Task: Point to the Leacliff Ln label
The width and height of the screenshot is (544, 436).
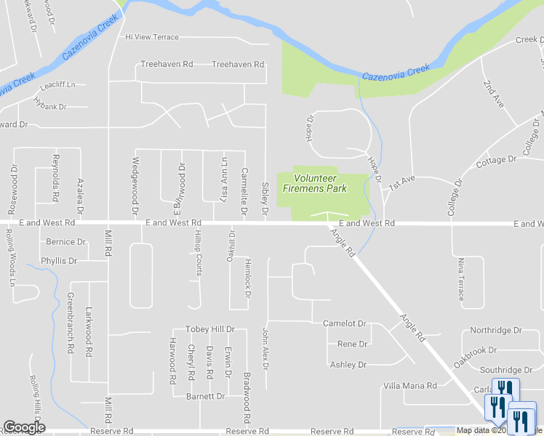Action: pos(58,85)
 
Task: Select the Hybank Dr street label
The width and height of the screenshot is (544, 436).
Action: pos(49,106)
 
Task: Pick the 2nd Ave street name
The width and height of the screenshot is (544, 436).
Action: pos(493,91)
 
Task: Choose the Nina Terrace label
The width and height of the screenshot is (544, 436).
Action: pos(460,279)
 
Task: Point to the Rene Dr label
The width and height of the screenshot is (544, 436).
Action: pos(352,344)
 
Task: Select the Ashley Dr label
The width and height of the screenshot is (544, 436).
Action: pos(348,365)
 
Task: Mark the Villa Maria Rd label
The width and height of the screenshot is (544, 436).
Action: pos(410,386)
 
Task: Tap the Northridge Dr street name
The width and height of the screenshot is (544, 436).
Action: pos(496,330)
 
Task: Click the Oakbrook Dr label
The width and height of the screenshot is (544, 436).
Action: pos(493,350)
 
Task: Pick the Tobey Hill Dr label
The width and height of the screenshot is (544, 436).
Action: pos(209,329)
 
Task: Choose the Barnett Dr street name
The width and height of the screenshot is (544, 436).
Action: pos(205,396)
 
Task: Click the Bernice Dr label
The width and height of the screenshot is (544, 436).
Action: pos(65,242)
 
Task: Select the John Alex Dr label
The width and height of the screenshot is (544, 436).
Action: pos(265,349)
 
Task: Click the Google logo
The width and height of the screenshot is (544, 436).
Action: pos(24,427)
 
